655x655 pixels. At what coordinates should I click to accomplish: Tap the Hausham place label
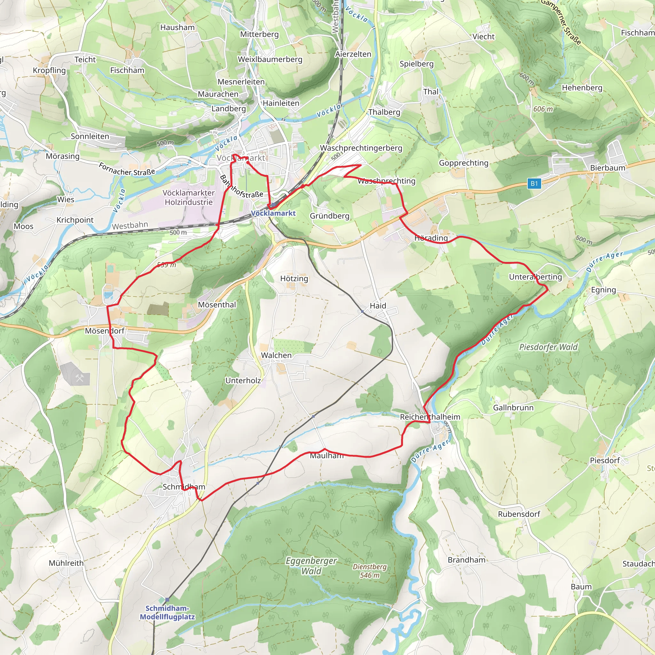178,28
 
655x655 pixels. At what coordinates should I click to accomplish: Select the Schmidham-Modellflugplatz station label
168,612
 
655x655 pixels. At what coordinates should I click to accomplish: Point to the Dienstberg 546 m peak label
369,571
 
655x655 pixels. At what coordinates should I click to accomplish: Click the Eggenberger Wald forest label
311,566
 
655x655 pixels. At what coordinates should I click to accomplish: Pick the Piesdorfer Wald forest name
548,347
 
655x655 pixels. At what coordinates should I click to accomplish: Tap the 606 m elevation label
543,109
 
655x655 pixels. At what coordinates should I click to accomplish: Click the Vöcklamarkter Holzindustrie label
188,197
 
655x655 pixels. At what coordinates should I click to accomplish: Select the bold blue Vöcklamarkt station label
273,213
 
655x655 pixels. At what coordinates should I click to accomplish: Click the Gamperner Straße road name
561,22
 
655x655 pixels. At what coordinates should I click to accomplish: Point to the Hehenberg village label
582,88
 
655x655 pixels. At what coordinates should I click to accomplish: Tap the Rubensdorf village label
519,514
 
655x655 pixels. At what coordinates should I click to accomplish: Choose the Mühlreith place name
66,563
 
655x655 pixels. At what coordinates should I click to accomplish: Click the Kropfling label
49,70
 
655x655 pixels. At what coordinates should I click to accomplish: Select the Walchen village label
276,355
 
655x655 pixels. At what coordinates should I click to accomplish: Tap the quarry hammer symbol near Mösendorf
80,378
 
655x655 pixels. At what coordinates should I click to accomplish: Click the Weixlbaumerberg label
270,59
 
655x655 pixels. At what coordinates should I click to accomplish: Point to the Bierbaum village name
608,168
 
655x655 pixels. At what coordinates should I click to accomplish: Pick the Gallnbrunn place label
513,407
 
